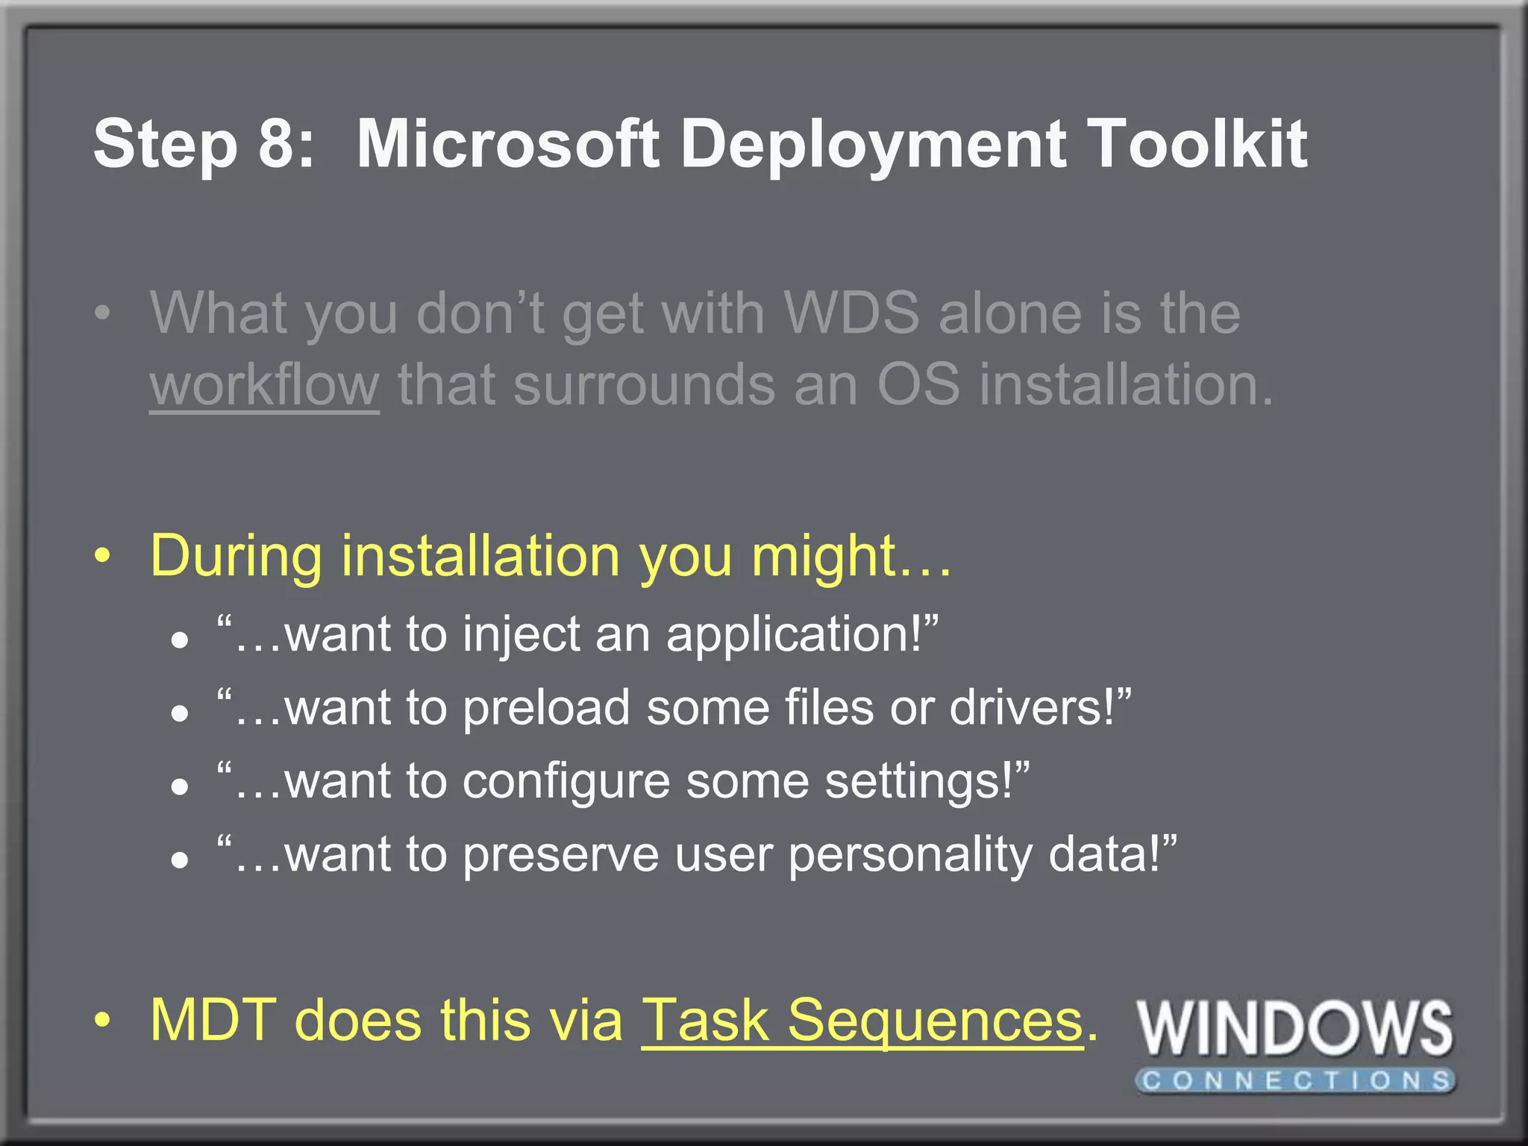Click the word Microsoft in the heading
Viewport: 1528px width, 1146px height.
[507, 143]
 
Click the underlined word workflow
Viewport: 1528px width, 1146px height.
[264, 385]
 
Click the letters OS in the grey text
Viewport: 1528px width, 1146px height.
[918, 385]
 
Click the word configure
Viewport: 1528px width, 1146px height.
[566, 782]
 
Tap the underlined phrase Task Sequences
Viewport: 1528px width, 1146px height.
[862, 1020]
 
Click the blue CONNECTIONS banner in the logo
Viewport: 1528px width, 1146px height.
[1296, 1080]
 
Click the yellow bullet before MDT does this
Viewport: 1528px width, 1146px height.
[103, 1019]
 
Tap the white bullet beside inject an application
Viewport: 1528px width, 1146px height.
[179, 640]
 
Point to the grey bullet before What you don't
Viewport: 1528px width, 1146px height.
[103, 313]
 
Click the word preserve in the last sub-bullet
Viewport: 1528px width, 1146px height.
[560, 854]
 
